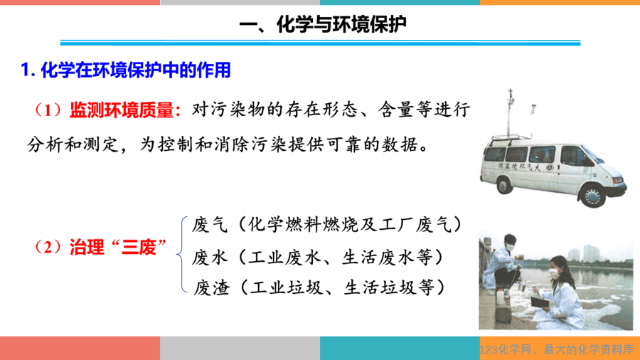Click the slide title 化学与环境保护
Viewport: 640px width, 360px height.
tap(341, 24)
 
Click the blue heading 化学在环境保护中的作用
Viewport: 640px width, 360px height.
tap(136, 70)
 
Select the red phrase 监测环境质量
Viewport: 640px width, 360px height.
tap(122, 110)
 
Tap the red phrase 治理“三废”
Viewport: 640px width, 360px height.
tap(118, 248)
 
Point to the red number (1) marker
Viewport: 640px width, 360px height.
tap(48, 110)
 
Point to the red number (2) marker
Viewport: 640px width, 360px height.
tap(48, 248)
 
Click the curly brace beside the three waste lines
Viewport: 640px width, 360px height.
tap(182, 255)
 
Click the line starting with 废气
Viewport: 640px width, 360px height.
tap(327, 225)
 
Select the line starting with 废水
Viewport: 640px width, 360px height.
tap(318, 258)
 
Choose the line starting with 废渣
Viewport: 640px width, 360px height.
tap(319, 287)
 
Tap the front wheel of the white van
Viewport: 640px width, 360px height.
tap(592, 196)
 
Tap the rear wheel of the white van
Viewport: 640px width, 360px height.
tap(503, 185)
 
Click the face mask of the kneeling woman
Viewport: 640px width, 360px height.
tap(554, 272)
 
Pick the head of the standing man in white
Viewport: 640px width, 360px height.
tap(509, 243)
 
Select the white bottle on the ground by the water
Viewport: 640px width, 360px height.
tap(501, 297)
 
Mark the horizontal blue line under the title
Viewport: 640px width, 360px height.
tap(321, 43)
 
